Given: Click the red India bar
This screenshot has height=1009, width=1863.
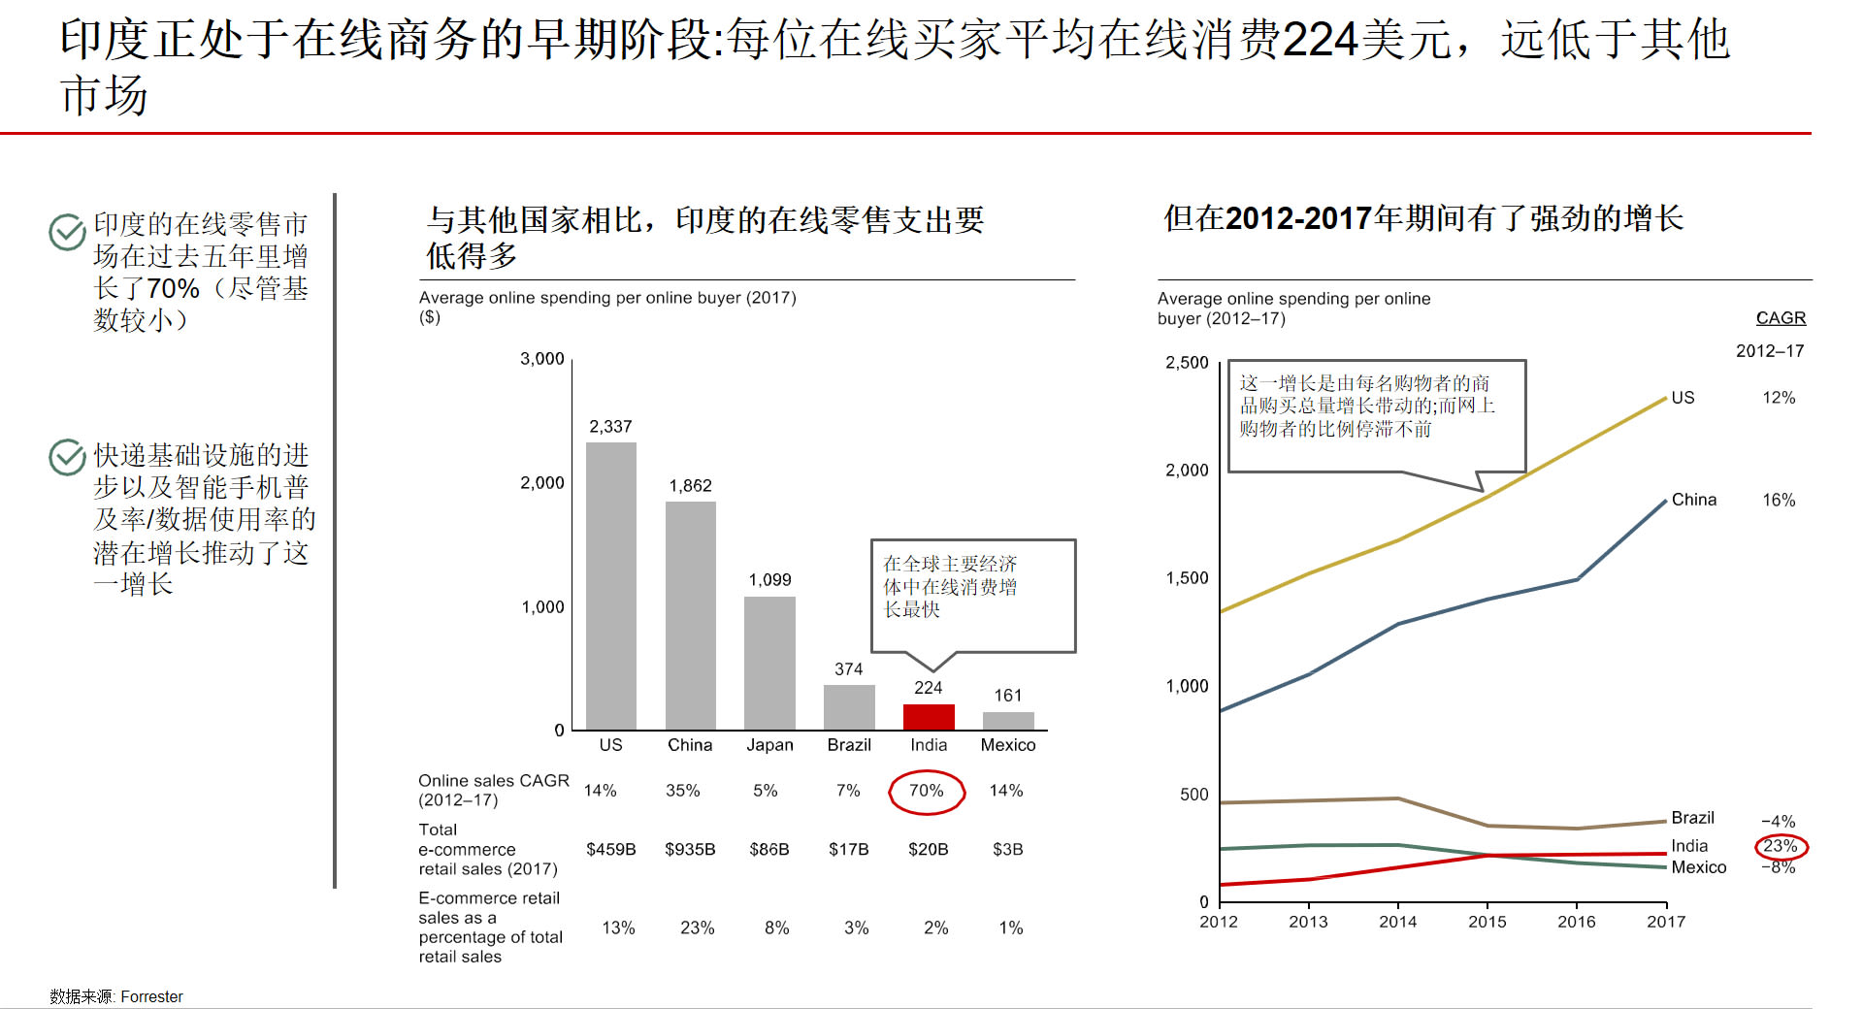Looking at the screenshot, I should point(929,717).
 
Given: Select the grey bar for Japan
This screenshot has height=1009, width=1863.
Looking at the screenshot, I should point(769,663).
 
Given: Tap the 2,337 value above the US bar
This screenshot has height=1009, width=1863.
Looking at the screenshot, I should point(610,427).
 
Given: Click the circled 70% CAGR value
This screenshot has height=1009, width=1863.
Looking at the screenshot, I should point(927,791).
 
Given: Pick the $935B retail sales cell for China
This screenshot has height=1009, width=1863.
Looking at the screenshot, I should point(690,849).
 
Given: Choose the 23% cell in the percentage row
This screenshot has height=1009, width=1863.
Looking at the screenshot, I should point(697,928).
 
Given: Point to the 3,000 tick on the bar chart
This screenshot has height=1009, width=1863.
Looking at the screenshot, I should point(541,359).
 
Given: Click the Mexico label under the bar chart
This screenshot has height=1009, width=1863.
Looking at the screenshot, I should point(1008,745).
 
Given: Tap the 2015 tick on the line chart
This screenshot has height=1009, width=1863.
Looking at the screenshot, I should point(1487,922).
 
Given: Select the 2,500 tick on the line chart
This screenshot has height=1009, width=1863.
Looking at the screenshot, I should point(1187,363).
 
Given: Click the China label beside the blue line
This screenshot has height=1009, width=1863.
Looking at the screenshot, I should point(1693,500).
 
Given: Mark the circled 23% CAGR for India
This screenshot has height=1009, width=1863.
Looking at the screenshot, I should point(1781,846).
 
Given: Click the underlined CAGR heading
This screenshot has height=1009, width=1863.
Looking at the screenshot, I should point(1781,318).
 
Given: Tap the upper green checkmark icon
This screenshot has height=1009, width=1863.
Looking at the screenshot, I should point(67,232).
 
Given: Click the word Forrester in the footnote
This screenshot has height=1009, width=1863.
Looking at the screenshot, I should point(151,996).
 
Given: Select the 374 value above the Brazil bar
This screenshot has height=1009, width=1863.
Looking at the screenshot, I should point(848,669).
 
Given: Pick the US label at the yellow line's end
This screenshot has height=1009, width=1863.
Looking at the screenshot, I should point(1683,398).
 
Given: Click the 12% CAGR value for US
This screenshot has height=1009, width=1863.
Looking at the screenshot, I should point(1779,398).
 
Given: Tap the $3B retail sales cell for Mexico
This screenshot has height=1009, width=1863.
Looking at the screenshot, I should point(1007,849).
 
